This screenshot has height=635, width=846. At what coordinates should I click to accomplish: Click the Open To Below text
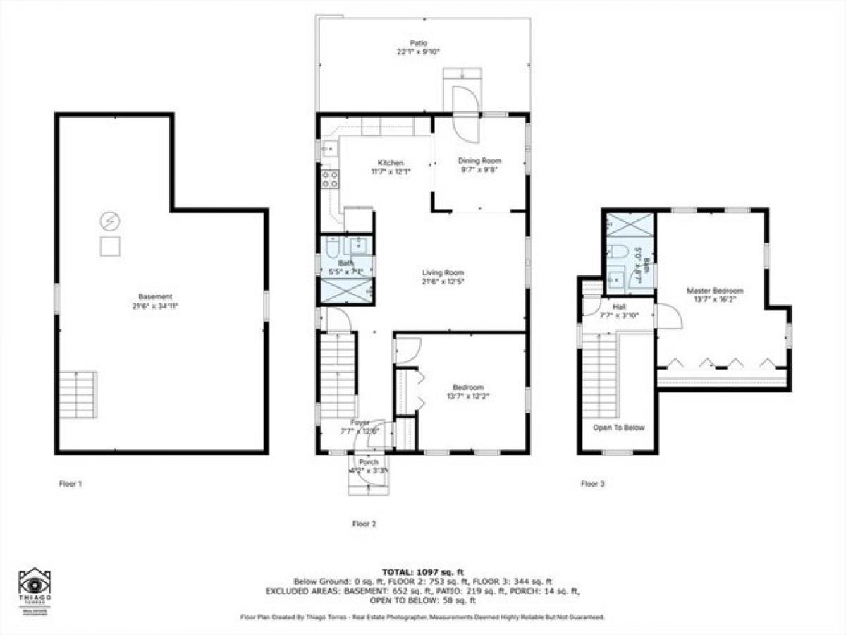(x=618, y=428)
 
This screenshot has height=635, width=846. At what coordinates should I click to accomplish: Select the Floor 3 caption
(x=592, y=484)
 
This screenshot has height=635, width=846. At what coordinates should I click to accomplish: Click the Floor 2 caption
(x=364, y=524)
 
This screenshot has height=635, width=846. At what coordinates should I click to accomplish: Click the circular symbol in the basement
(x=109, y=222)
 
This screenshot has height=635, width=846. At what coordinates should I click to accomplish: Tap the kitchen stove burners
(x=329, y=179)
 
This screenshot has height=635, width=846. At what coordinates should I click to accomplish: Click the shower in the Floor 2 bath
(x=346, y=290)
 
